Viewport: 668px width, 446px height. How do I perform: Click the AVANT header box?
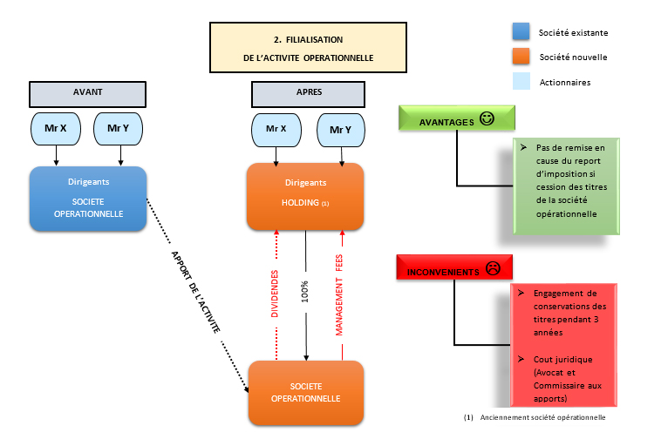[x=87, y=93]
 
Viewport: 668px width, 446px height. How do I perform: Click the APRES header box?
[x=307, y=93]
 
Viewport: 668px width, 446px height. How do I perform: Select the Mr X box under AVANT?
[x=56, y=128]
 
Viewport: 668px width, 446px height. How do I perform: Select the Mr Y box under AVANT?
[x=119, y=128]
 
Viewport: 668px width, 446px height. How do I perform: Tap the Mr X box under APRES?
[x=276, y=130]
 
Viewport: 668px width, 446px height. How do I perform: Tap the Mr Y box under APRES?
[x=341, y=130]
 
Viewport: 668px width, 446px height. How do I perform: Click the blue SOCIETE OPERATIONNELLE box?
[x=88, y=199]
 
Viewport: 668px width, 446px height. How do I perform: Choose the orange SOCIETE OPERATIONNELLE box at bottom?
[x=305, y=392]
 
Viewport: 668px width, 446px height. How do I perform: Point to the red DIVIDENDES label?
[x=275, y=295]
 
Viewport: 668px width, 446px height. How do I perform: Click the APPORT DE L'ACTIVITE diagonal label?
[x=195, y=292]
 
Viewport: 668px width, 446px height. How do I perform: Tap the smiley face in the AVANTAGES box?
[x=487, y=120]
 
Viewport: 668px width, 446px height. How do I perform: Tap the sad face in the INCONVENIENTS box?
[x=492, y=269]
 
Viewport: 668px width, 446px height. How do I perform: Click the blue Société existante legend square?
[x=521, y=32]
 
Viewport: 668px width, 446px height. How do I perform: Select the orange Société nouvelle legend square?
[x=521, y=57]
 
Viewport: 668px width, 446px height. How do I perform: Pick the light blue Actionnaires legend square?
[x=521, y=82]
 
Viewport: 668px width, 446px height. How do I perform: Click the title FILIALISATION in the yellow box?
[x=308, y=39]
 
